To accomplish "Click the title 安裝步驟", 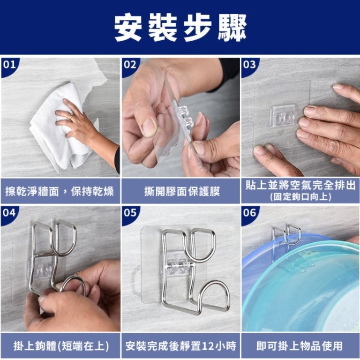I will coord(180,27).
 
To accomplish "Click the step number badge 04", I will coord(9,213).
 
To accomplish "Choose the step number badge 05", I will coord(130,213).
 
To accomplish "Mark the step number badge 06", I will coord(250,213).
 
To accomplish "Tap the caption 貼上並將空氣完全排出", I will coord(301,185).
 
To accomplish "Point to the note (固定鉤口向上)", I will coord(301,197).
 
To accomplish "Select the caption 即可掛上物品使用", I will coord(300,346).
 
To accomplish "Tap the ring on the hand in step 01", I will coord(71,116).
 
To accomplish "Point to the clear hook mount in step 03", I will coord(282,116).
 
